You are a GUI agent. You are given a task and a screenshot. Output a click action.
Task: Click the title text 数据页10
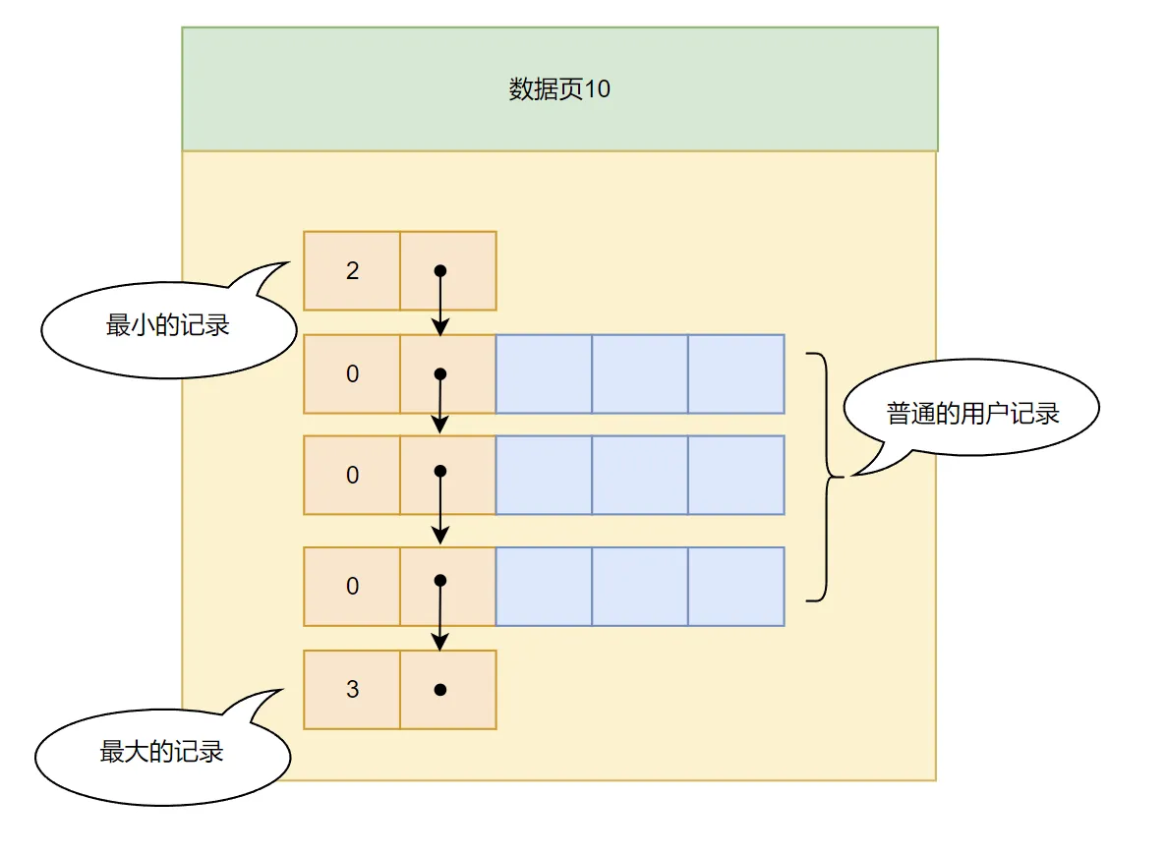[x=559, y=89]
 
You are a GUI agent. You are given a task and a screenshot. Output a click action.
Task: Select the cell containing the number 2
[x=352, y=271]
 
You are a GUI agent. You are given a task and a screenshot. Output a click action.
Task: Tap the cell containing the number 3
[x=352, y=690]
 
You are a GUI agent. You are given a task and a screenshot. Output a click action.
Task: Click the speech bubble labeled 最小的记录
[x=168, y=325]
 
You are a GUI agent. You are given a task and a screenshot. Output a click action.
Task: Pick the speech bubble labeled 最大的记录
[x=162, y=753]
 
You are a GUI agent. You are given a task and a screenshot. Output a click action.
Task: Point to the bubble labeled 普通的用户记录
[x=972, y=413]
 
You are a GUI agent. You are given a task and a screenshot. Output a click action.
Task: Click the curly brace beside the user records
[x=824, y=477]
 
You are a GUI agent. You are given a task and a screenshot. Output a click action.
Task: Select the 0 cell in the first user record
[x=352, y=374]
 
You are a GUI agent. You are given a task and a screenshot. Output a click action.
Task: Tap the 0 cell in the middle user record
[x=352, y=476]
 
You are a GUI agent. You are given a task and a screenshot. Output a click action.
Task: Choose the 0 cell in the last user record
[x=352, y=587]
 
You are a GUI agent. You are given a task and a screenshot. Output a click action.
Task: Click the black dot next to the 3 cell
[x=440, y=690]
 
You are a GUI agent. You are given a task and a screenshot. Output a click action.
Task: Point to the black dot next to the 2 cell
[x=440, y=270]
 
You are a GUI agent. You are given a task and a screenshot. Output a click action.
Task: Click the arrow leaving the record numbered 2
[x=440, y=305]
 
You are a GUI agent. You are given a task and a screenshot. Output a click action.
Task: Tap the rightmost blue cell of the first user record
[x=735, y=374]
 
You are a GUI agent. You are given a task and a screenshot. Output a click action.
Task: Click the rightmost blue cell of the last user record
[x=735, y=587]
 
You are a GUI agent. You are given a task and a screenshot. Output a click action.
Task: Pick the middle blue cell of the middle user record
[x=640, y=476]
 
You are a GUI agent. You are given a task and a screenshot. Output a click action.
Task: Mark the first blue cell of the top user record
[x=544, y=374]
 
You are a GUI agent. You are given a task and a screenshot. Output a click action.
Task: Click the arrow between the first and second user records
[x=440, y=405]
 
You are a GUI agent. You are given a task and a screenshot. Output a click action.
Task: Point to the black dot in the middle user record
[x=440, y=472]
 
